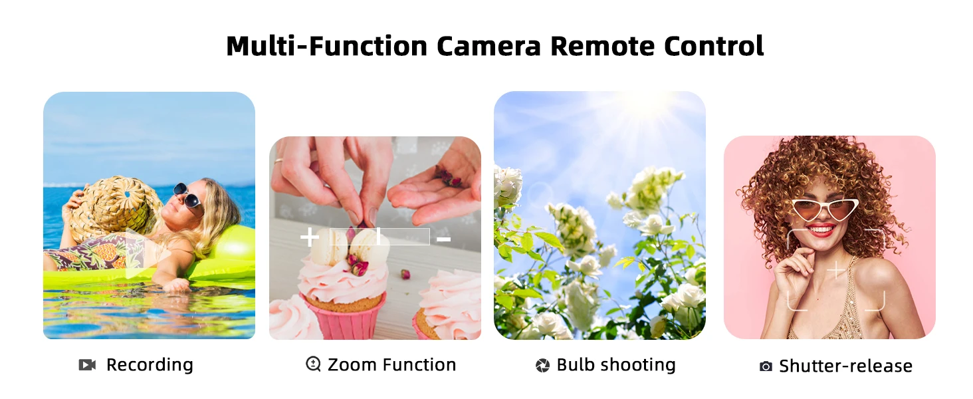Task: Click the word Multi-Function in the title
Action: (x=326, y=46)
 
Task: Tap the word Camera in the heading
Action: (x=488, y=46)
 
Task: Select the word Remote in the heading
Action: (x=603, y=46)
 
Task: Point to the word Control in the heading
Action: (x=714, y=46)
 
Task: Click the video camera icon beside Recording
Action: (x=87, y=365)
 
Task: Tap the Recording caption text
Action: (x=150, y=365)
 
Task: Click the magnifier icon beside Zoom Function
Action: (x=313, y=364)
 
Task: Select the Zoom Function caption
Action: (x=392, y=364)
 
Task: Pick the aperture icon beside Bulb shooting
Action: (x=542, y=366)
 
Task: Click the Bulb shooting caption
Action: (x=616, y=365)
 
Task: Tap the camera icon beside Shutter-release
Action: (x=766, y=366)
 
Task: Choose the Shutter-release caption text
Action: (x=846, y=366)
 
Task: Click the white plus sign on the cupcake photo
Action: (x=310, y=237)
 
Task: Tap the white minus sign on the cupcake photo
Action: (x=443, y=239)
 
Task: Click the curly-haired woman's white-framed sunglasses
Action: (x=824, y=210)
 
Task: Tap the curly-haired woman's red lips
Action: (x=820, y=230)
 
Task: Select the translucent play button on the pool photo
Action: (x=146, y=253)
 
